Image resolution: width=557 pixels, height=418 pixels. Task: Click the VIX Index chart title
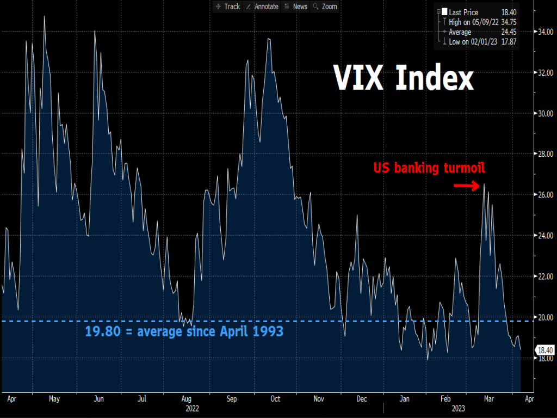403,79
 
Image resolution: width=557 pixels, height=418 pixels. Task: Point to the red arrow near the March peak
466,186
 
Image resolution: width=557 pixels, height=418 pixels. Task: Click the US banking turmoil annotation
429,168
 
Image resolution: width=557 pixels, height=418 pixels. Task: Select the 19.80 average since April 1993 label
184,331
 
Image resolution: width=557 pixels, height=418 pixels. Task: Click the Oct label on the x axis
275,399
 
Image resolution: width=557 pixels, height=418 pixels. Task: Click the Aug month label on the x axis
185,399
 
